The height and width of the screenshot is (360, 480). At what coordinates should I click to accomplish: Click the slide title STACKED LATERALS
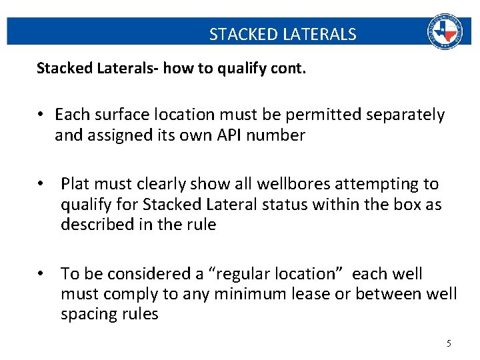click(x=283, y=34)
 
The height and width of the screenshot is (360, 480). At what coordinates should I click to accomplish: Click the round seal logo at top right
click(x=444, y=31)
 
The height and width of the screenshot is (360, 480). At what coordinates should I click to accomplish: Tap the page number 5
click(x=449, y=343)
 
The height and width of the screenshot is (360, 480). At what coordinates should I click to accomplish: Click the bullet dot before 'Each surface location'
click(x=41, y=115)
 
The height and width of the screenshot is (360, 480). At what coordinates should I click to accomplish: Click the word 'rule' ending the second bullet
click(x=201, y=225)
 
